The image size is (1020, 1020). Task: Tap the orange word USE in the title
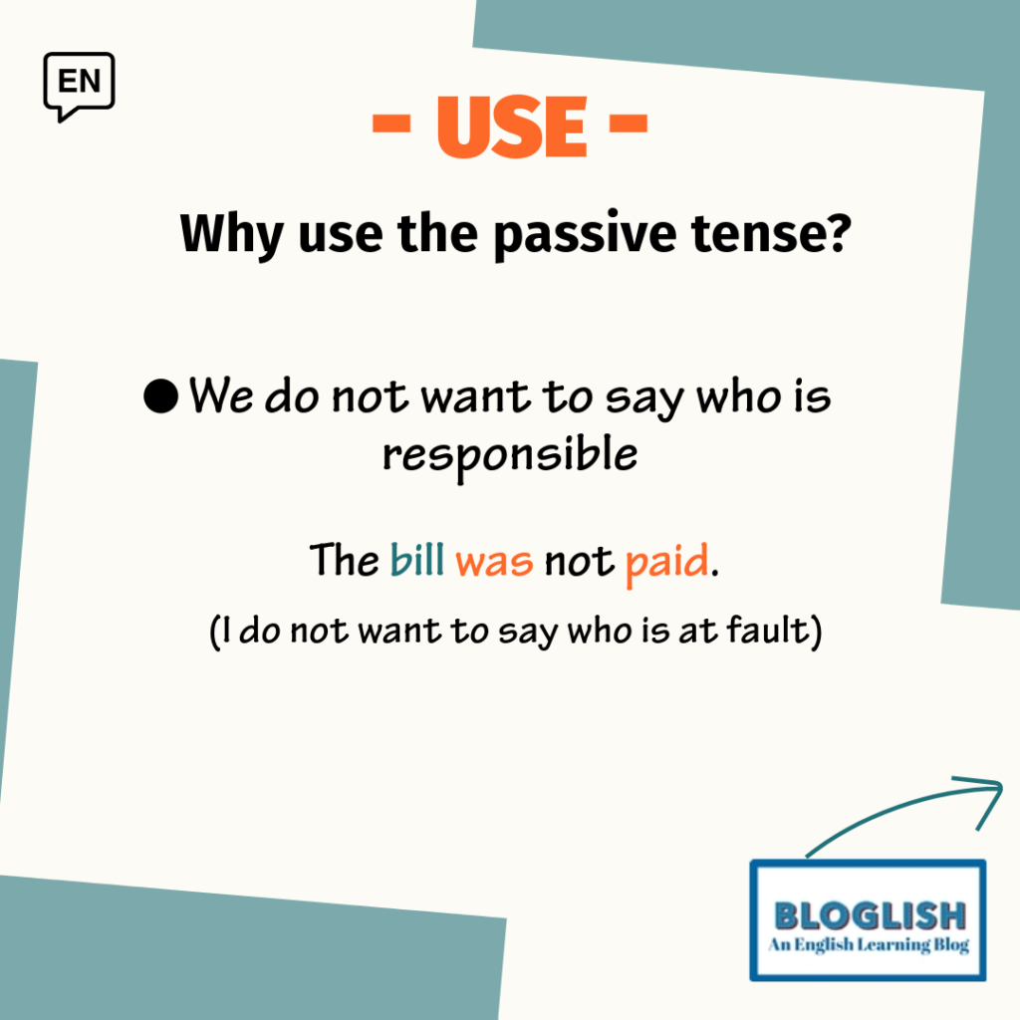tap(512, 127)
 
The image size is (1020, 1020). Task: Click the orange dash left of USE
tap(390, 124)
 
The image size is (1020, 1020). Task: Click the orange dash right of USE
tap(629, 124)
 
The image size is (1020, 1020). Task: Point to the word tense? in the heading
tap(772, 233)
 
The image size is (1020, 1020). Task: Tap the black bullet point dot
tap(160, 395)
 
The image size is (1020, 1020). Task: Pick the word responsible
tap(510, 456)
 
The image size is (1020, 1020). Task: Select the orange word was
tap(494, 563)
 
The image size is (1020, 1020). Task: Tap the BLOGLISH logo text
tap(870, 916)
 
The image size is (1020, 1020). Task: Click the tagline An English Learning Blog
tap(869, 944)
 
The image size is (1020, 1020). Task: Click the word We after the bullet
tap(221, 395)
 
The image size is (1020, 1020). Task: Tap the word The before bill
tap(344, 559)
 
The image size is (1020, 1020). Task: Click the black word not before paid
tap(580, 562)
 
